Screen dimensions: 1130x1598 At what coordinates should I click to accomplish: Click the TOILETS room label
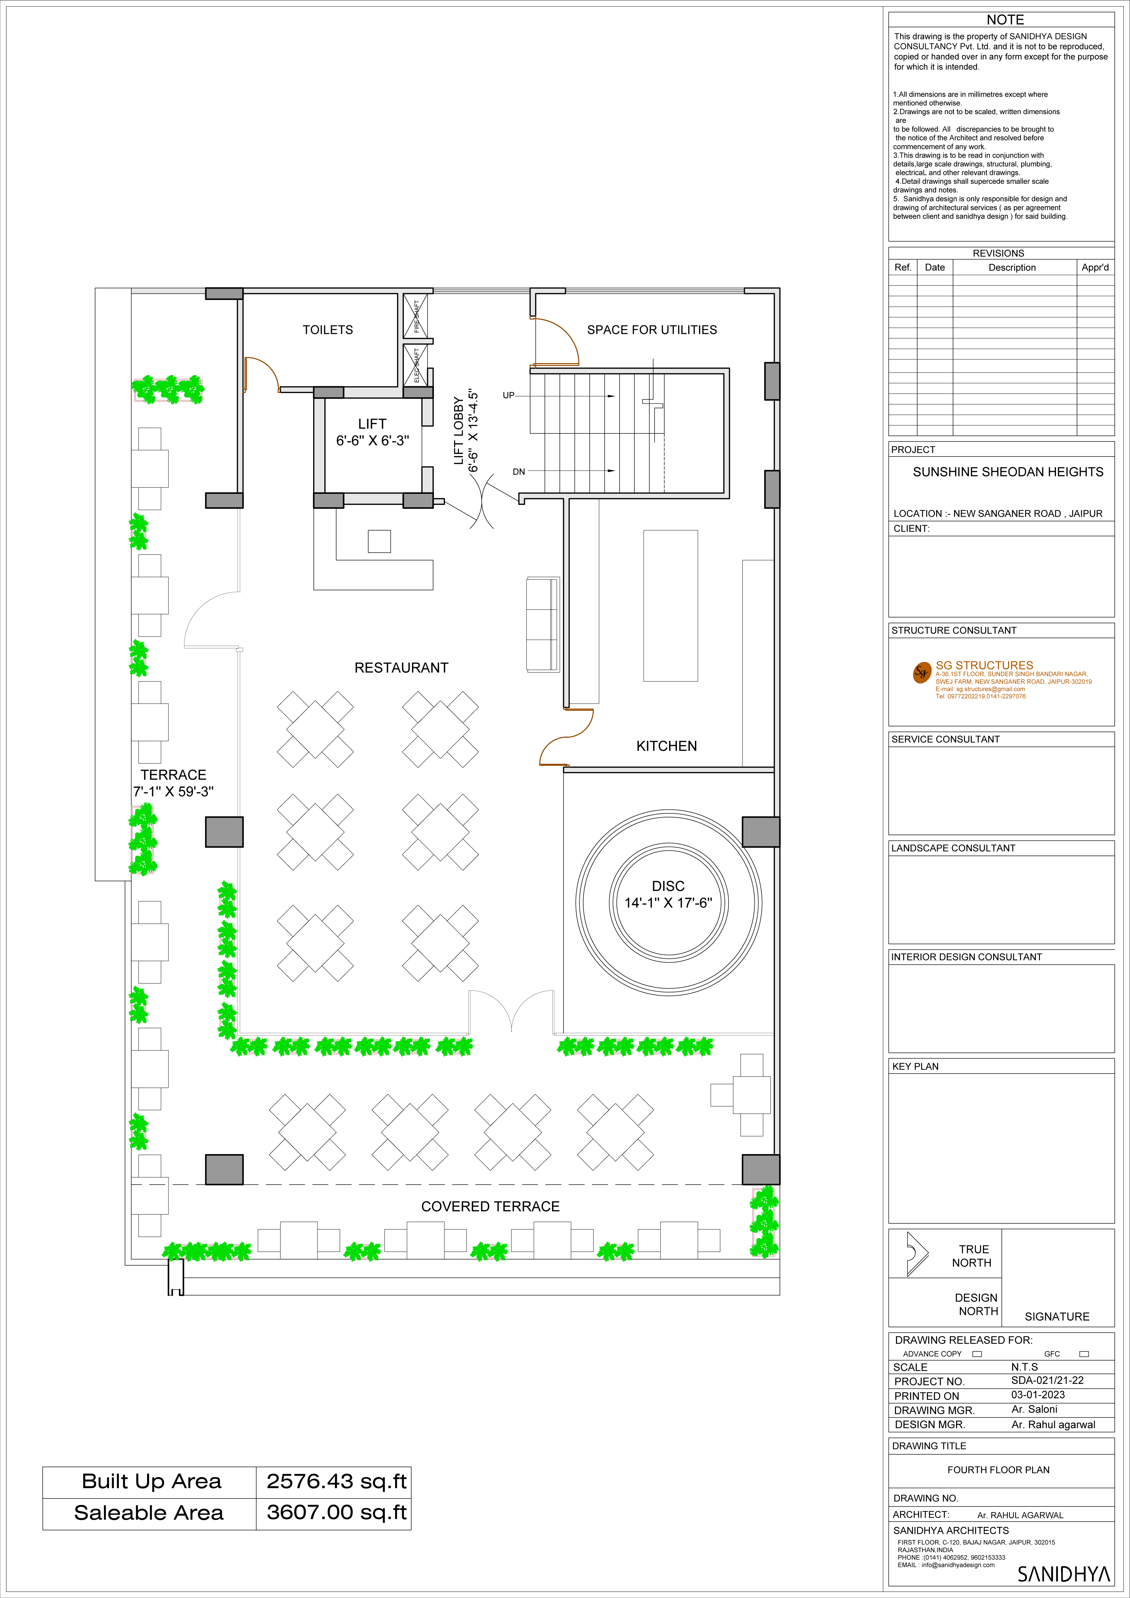point(328,330)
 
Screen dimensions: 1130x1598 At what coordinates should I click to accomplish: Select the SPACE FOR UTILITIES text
point(652,330)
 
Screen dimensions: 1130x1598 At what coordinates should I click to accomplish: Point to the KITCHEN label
point(667,746)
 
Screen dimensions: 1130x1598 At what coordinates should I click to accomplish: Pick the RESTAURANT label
point(401,668)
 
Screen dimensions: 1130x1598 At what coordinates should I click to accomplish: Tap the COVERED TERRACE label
point(490,1207)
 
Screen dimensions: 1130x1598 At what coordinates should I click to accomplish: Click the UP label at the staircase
point(509,395)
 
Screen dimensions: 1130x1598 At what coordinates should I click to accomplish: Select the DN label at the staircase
point(519,472)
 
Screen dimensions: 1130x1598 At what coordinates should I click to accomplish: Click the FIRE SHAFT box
point(415,316)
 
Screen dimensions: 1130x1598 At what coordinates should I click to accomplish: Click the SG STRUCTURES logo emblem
point(922,672)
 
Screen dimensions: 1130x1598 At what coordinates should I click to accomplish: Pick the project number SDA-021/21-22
point(1047,1380)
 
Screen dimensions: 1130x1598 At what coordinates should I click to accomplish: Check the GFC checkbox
point(1083,1354)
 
